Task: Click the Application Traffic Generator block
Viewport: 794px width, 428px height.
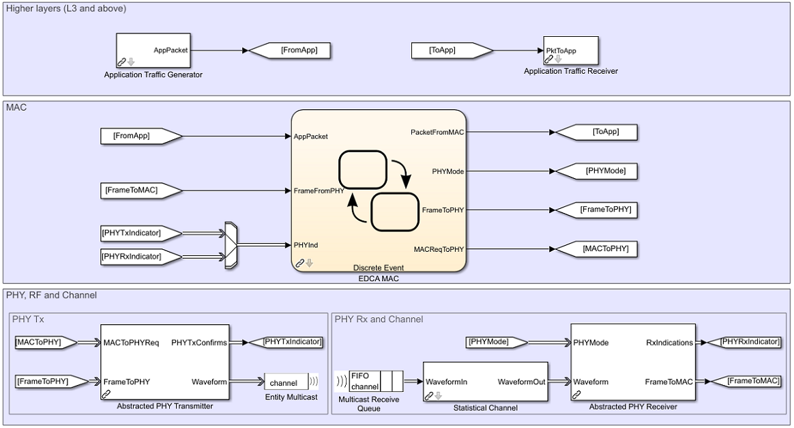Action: (x=153, y=51)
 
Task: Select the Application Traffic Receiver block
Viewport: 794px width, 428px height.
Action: (x=570, y=50)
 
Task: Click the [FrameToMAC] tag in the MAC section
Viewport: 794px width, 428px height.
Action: (x=141, y=190)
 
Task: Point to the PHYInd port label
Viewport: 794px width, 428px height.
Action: (x=306, y=244)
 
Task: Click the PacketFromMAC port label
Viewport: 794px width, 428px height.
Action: (x=437, y=132)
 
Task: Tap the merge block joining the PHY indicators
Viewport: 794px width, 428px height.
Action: (x=231, y=244)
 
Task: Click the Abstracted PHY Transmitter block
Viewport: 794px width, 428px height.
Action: (x=165, y=362)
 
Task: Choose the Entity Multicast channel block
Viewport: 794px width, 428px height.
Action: (x=286, y=382)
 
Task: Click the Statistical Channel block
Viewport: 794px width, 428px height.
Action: (x=485, y=382)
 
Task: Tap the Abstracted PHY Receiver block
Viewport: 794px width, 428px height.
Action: (x=634, y=362)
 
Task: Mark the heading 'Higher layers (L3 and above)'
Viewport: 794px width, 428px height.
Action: (x=66, y=8)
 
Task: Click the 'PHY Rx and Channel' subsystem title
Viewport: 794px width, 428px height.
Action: (x=379, y=319)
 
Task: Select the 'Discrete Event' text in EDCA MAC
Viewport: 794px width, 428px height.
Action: (x=379, y=268)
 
